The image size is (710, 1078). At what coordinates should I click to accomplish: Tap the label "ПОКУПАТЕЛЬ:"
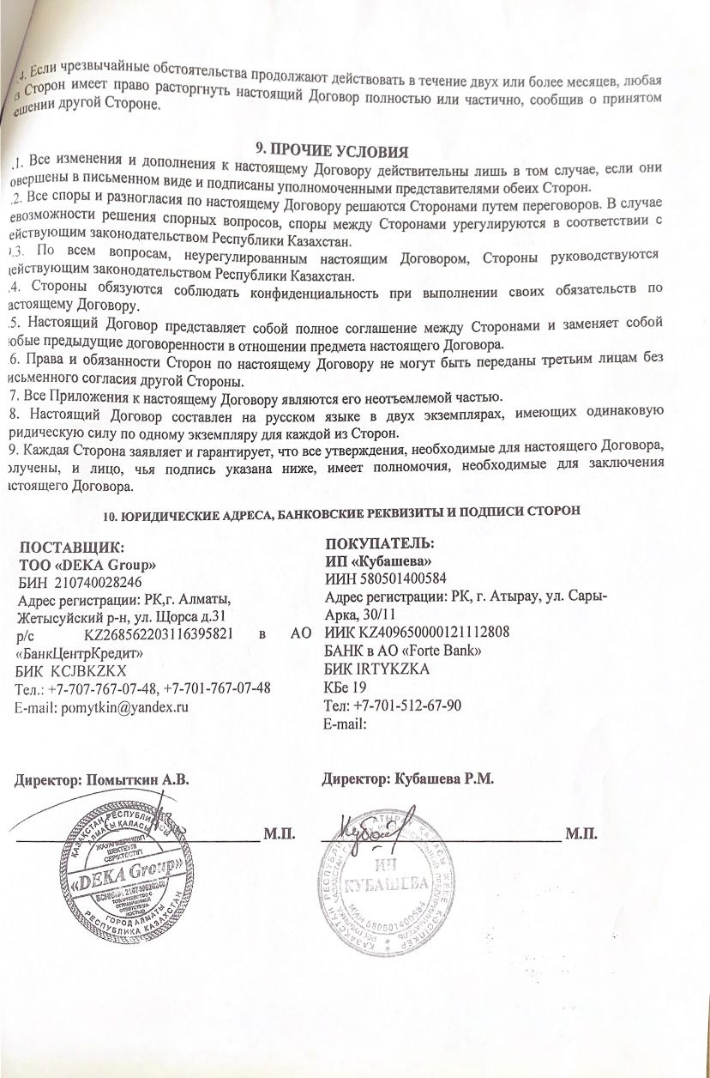[x=380, y=544]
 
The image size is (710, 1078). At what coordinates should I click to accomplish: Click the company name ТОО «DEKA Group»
[x=87, y=565]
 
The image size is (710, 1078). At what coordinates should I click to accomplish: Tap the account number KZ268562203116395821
[x=160, y=634]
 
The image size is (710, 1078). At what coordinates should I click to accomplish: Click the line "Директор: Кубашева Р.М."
[x=408, y=779]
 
